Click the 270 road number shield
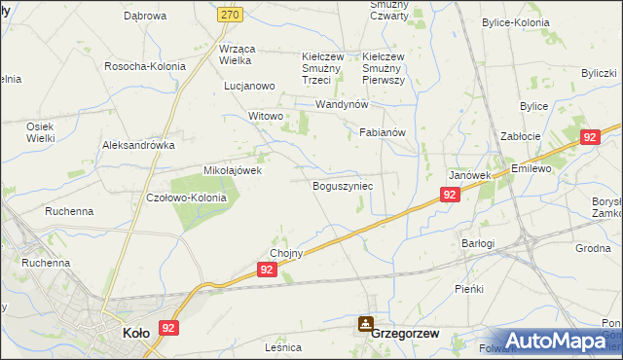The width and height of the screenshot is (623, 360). [x=256, y=15]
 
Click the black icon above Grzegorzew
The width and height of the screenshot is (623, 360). [x=365, y=323]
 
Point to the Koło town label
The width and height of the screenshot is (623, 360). [x=135, y=333]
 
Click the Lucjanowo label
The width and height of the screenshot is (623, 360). [x=249, y=86]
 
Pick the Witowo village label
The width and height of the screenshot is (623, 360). [x=265, y=116]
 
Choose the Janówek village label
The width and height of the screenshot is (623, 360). [x=469, y=175]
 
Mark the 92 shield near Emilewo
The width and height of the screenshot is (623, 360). [x=590, y=138]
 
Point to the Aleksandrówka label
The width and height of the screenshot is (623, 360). [x=138, y=145]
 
